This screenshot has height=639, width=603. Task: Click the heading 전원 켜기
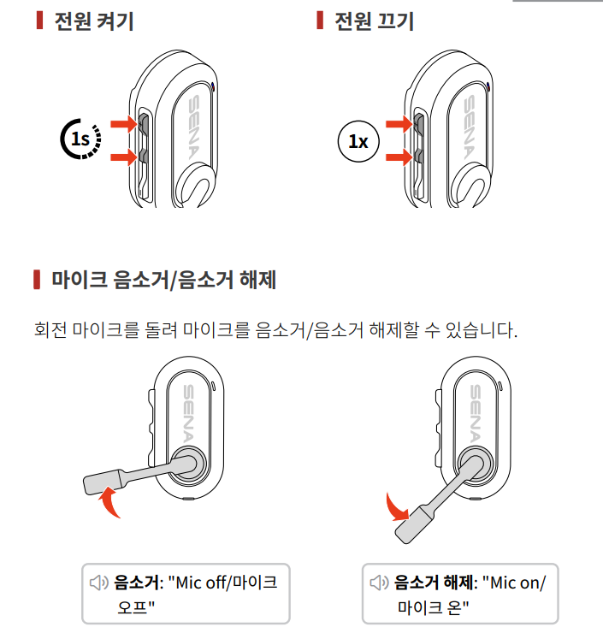pos(94,21)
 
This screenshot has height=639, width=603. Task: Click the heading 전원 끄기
pos(374,21)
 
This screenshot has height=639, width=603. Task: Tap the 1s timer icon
pos(80,139)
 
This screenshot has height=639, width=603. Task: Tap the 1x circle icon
pos(358,141)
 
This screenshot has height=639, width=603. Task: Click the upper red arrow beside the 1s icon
pos(124,123)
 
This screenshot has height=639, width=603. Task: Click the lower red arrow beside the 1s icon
pos(124,157)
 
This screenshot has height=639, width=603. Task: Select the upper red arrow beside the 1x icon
pos(399,123)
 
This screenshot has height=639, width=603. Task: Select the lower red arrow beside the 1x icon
pos(399,157)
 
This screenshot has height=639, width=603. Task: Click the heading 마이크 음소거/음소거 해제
pos(163,280)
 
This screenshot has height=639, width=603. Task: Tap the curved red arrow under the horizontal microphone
pos(109,502)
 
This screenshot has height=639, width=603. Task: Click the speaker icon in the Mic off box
pos(99,583)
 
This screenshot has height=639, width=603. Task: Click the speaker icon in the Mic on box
pos(379,583)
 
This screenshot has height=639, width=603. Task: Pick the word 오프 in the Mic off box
pos(132,607)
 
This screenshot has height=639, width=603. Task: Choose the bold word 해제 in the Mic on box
pos(458,583)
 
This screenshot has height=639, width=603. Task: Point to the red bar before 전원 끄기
pos(320,21)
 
